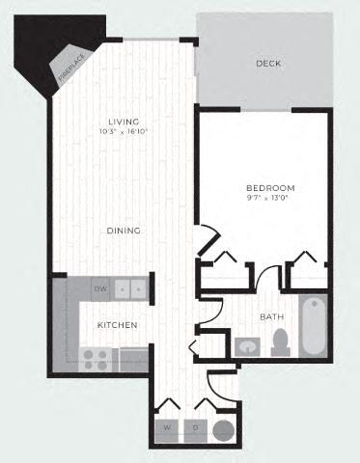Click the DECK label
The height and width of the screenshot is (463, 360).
pyautogui.click(x=267, y=64)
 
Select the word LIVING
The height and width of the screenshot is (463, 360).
pyautogui.click(x=125, y=121)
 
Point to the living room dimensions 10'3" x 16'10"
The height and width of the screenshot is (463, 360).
pyautogui.click(x=125, y=131)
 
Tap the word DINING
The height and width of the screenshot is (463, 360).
pyautogui.click(x=125, y=231)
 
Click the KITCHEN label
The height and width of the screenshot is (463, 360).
pyautogui.click(x=117, y=325)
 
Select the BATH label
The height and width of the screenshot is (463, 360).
pyautogui.click(x=271, y=316)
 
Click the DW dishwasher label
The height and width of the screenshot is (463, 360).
pyautogui.click(x=99, y=287)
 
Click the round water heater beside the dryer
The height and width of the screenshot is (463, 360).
pyautogui.click(x=223, y=429)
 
